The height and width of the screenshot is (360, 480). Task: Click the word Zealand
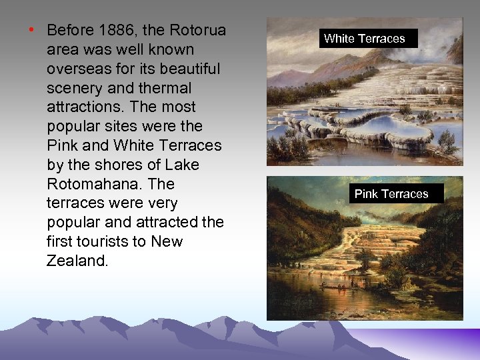tap(77, 261)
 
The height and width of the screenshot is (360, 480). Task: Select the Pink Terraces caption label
tap(391, 194)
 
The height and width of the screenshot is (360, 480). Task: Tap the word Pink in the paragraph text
tap(63, 145)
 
